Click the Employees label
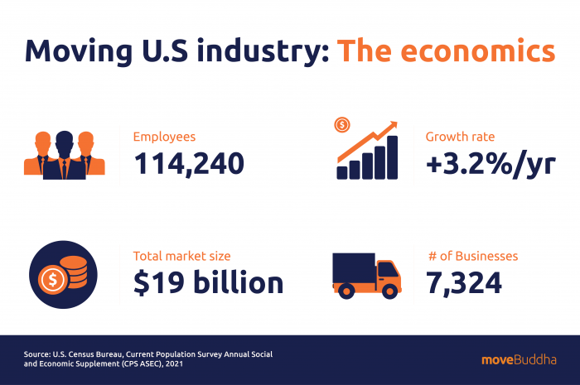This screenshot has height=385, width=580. click(x=165, y=137)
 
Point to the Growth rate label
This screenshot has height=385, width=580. click(x=460, y=137)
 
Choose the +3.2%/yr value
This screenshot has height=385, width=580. click(x=490, y=164)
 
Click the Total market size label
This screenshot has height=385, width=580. click(x=182, y=256)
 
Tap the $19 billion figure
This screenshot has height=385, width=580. click(x=208, y=283)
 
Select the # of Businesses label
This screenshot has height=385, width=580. click(x=471, y=256)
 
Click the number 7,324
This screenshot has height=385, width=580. click(x=463, y=283)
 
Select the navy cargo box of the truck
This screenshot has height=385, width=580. click(x=354, y=270)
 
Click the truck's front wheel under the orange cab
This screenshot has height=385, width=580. click(x=386, y=291)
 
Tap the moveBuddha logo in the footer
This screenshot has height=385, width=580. click(x=519, y=359)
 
